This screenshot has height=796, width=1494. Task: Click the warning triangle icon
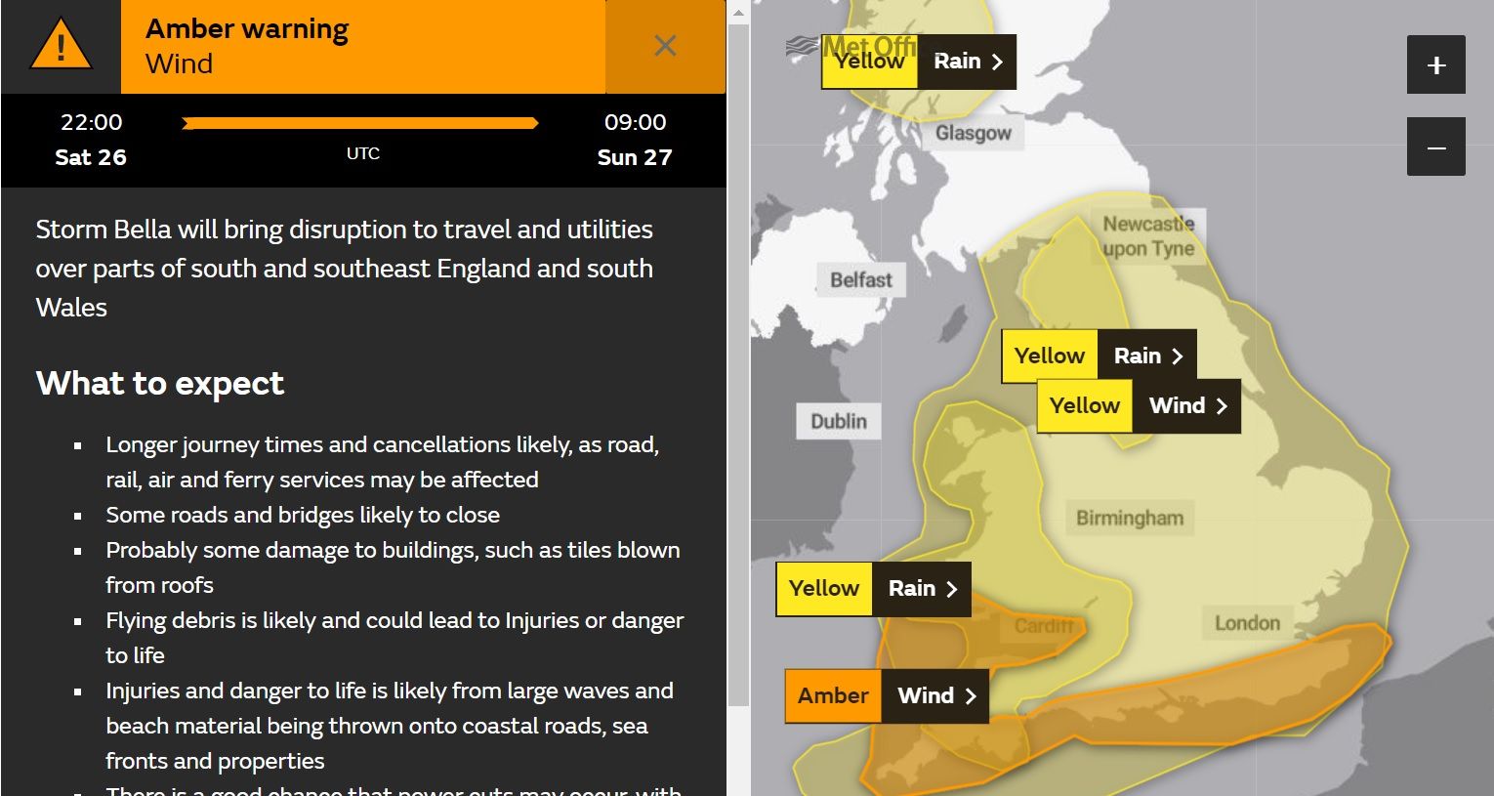click(x=61, y=47)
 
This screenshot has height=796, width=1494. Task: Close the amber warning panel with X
click(x=665, y=46)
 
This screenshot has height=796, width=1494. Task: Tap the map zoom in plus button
click(x=1435, y=65)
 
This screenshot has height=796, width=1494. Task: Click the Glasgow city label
click(x=973, y=133)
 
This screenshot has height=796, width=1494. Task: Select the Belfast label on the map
click(x=860, y=280)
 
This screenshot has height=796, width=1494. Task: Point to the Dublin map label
click(x=838, y=421)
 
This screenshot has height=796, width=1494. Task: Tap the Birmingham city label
click(x=1129, y=518)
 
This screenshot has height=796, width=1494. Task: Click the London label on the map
click(x=1246, y=623)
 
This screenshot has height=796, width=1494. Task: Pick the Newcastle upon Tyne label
click(x=1148, y=235)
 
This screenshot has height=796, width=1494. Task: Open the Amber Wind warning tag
click(x=887, y=695)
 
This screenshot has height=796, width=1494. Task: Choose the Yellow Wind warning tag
click(x=1138, y=405)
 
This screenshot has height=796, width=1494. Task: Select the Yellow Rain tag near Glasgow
click(x=918, y=62)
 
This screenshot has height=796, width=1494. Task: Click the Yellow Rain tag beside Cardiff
click(x=873, y=588)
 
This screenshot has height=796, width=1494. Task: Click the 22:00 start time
click(x=92, y=122)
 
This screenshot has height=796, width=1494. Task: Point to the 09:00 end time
click(x=635, y=122)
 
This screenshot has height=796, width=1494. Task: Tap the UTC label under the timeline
click(x=363, y=153)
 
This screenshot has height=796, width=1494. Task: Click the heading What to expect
click(x=160, y=383)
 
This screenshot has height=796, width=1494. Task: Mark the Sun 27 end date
click(x=635, y=157)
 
